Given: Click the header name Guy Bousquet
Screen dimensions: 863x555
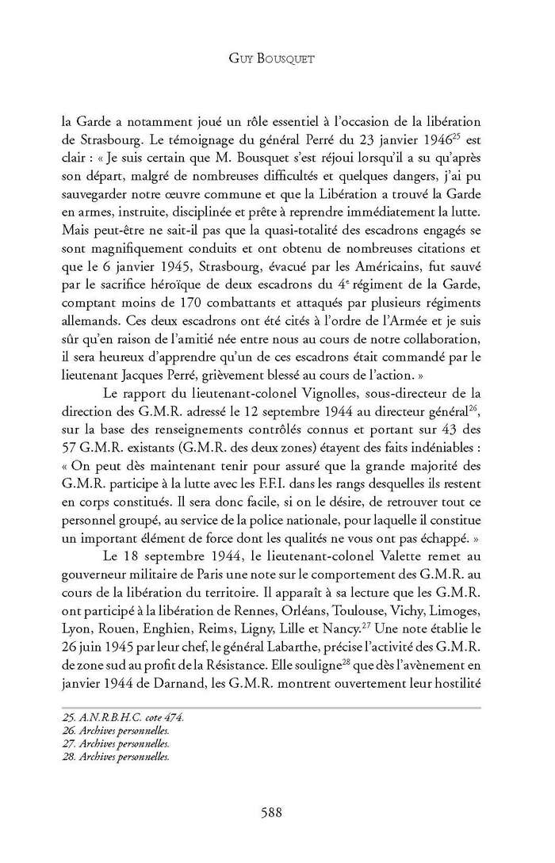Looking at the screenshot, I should (277, 58).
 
